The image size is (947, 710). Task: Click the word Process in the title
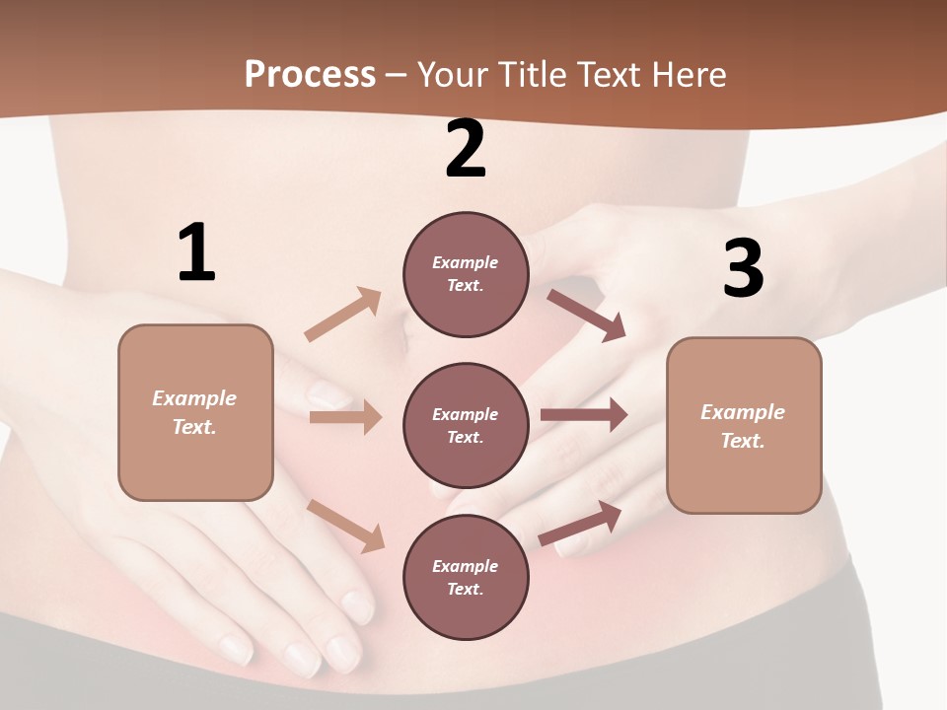tap(310, 75)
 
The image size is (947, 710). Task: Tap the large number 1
tap(196, 253)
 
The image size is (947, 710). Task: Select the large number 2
tap(466, 150)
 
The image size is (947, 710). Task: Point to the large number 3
tap(743, 268)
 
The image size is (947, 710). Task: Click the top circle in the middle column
tap(466, 274)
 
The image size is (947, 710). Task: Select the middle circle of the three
tap(466, 425)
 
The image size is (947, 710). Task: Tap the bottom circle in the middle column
tap(466, 577)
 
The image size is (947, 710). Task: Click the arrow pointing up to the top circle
tap(343, 315)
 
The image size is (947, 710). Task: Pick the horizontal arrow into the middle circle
tap(345, 417)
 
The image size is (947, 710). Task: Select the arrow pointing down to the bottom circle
tap(346, 526)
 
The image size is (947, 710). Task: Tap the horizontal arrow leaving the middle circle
tap(584, 415)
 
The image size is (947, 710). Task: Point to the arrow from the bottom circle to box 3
tap(581, 524)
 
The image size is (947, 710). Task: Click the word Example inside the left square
tap(194, 398)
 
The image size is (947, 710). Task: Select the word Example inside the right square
tap(743, 412)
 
